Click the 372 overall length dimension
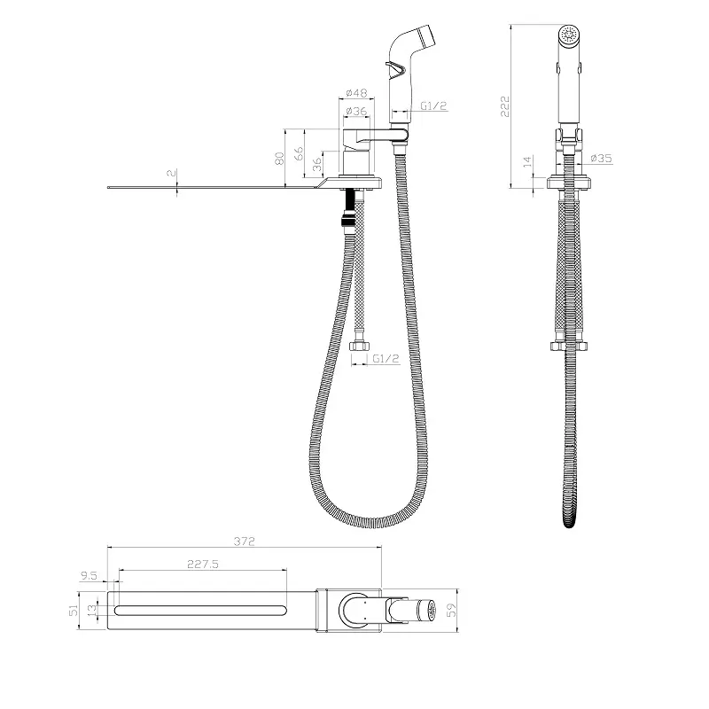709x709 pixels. [245, 541]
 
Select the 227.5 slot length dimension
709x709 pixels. [203, 564]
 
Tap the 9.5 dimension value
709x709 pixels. [89, 575]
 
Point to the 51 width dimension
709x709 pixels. [74, 611]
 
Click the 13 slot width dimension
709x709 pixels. [92, 610]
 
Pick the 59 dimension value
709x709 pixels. [451, 610]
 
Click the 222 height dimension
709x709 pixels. [505, 106]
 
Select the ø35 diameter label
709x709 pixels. [602, 158]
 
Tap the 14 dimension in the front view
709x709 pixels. [527, 162]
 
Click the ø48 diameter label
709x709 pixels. [357, 93]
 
